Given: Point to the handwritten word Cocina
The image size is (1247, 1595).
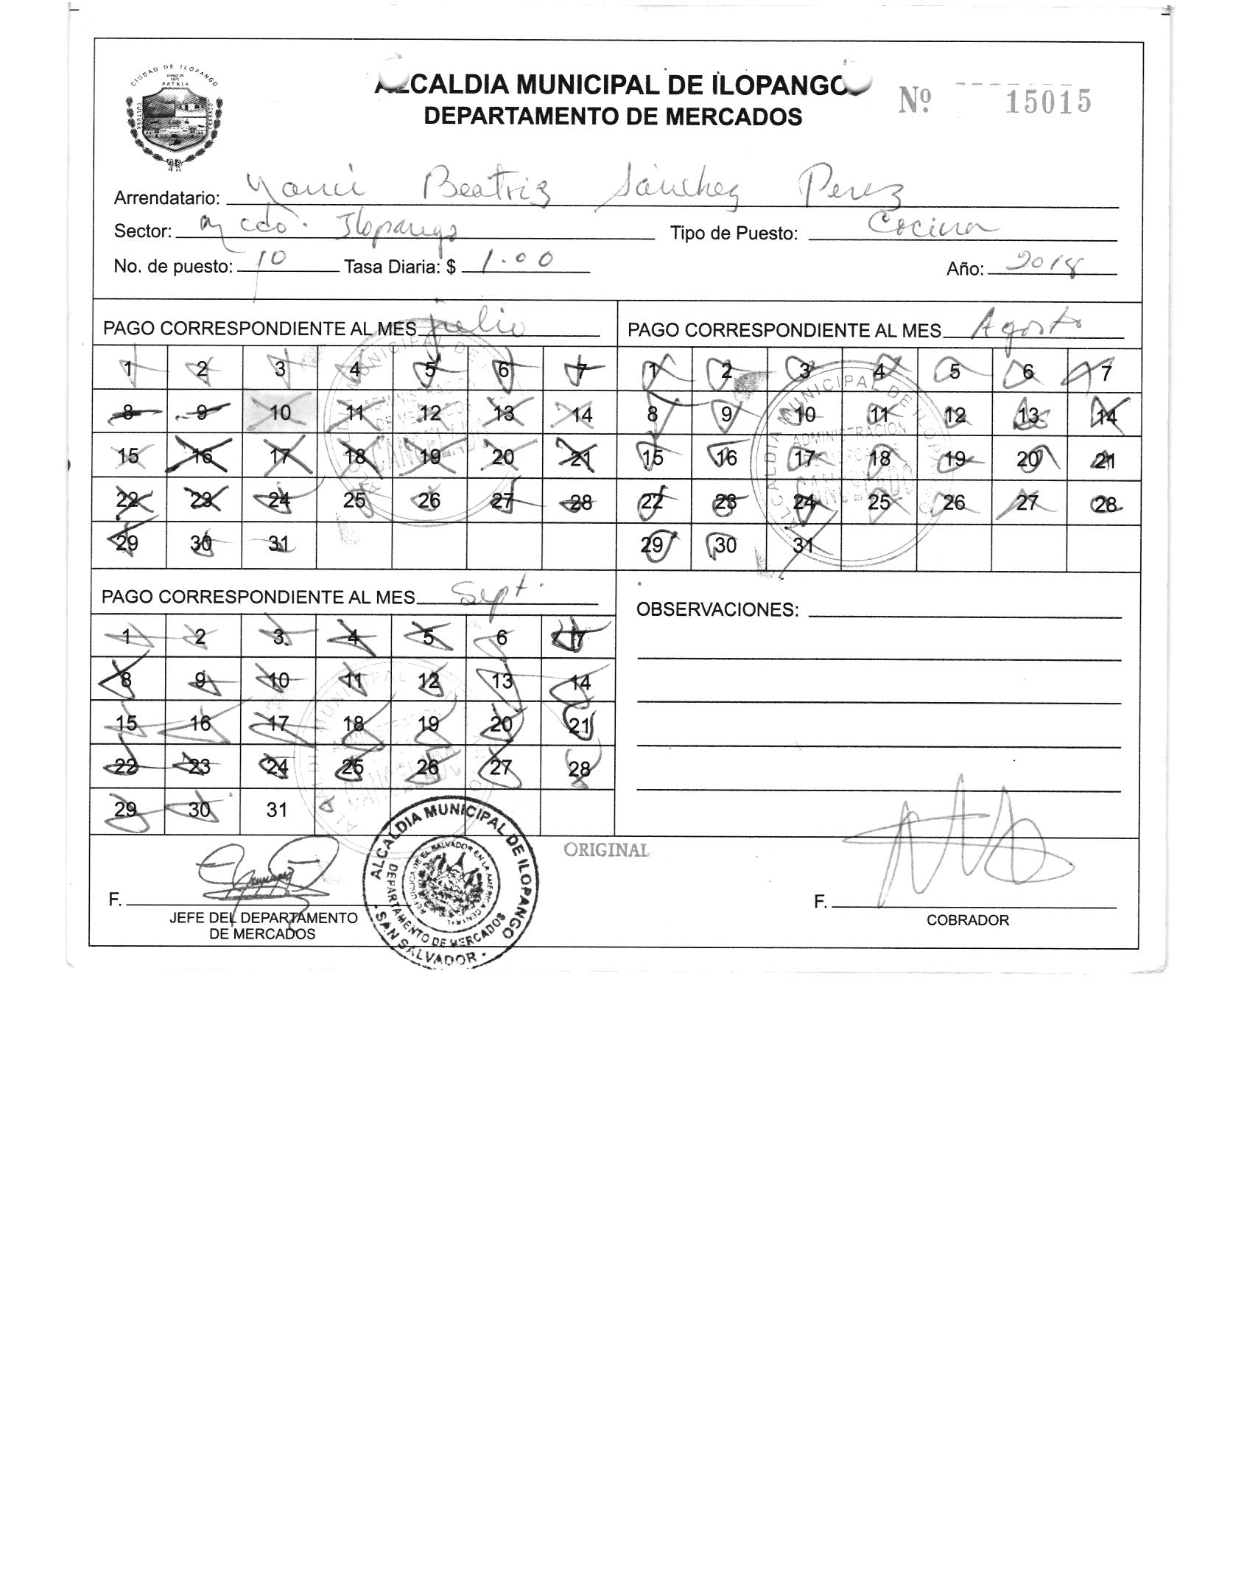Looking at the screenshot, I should point(932,225).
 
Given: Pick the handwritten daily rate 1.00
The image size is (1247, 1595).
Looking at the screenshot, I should point(518,260).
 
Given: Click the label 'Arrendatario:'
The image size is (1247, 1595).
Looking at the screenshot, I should point(167,198).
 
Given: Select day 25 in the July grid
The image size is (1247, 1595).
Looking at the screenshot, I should point(354,500).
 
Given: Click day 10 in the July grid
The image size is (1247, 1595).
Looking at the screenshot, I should point(280,413).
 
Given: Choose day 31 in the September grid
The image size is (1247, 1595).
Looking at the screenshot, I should point(277,810).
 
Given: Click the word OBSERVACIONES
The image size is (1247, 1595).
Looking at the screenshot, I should point(717,610).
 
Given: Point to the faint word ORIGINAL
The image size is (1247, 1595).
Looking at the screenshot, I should point(606,850).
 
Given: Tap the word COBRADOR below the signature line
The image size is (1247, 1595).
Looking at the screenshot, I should point(967,920).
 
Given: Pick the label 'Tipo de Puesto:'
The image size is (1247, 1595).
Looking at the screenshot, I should point(734,234).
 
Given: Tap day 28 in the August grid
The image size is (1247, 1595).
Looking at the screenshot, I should point(1105,504).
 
